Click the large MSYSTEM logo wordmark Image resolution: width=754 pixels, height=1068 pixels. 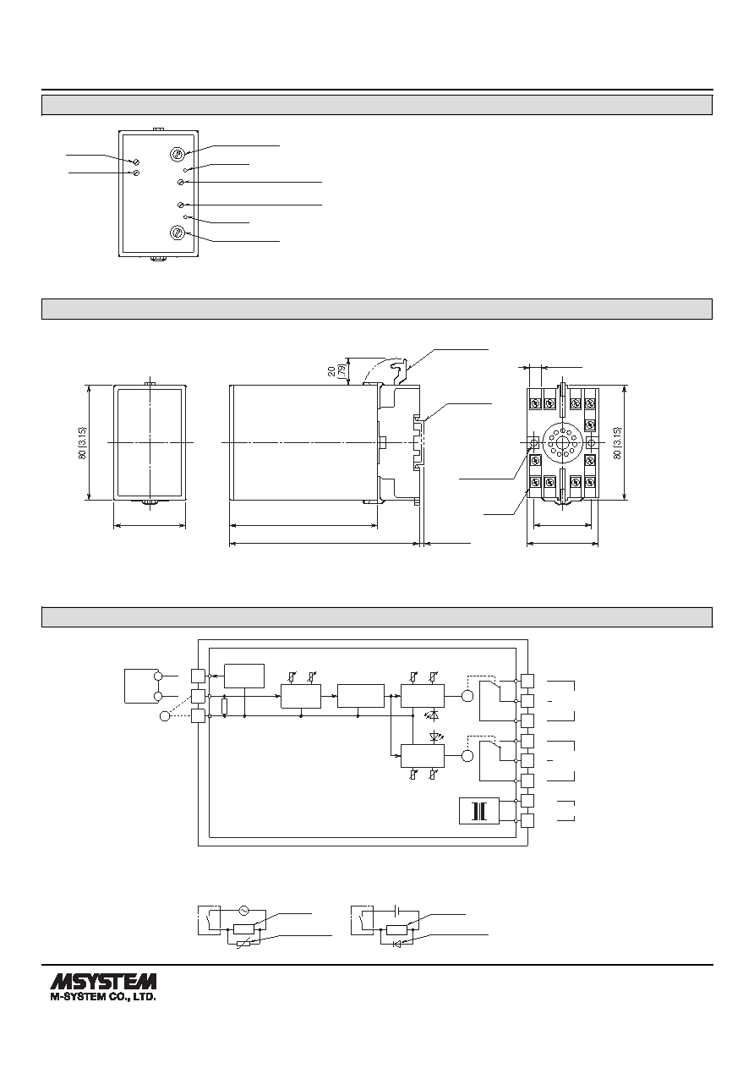[x=103, y=981]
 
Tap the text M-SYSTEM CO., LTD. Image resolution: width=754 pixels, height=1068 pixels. [x=103, y=996]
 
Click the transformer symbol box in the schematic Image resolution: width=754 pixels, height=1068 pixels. [x=479, y=811]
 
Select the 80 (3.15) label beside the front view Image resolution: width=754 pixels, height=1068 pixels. [x=83, y=442]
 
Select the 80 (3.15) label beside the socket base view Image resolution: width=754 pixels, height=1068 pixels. [x=617, y=442]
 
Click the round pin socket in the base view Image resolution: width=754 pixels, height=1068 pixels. [x=562, y=443]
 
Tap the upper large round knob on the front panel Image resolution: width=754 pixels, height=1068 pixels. [x=178, y=154]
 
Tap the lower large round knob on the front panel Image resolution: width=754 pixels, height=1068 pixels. [x=178, y=233]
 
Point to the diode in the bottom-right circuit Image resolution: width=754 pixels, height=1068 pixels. [x=397, y=944]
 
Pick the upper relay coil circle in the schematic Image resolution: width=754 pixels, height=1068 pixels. [x=467, y=696]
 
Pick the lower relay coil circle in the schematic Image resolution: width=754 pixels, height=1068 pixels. [x=467, y=756]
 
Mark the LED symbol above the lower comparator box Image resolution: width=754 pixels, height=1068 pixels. [x=434, y=736]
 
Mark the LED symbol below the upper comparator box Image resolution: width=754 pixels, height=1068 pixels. [x=434, y=715]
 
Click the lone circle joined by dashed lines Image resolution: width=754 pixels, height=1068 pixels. [x=165, y=716]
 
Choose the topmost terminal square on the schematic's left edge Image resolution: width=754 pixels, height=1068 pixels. [x=198, y=676]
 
